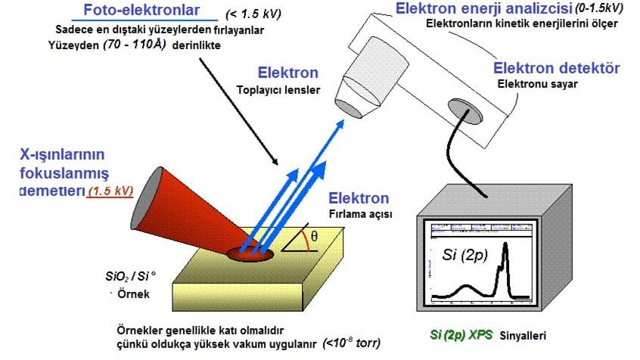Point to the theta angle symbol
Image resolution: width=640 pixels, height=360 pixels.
click(315, 237)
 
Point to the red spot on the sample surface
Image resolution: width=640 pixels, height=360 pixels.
click(253, 252)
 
